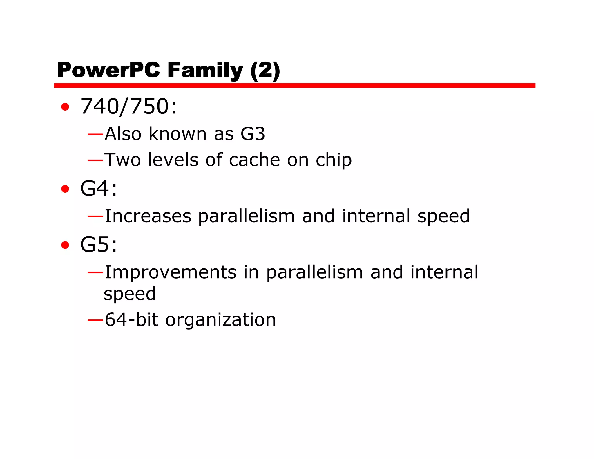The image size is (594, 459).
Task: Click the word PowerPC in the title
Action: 108,70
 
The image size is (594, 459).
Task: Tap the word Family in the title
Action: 205,70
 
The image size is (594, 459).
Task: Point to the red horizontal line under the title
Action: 294,85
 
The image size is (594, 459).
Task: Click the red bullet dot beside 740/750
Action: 65,107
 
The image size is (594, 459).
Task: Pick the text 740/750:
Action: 128,106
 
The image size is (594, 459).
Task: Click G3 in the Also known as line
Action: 253,134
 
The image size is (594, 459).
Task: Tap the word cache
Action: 254,160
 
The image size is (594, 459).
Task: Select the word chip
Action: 334,160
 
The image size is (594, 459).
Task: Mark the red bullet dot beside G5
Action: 65,245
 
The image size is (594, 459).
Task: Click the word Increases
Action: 148,216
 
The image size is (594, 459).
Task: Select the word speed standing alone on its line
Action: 130,294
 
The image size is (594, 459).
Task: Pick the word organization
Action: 220,320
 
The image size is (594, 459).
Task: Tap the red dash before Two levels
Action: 95,160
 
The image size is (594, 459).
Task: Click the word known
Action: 178,134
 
